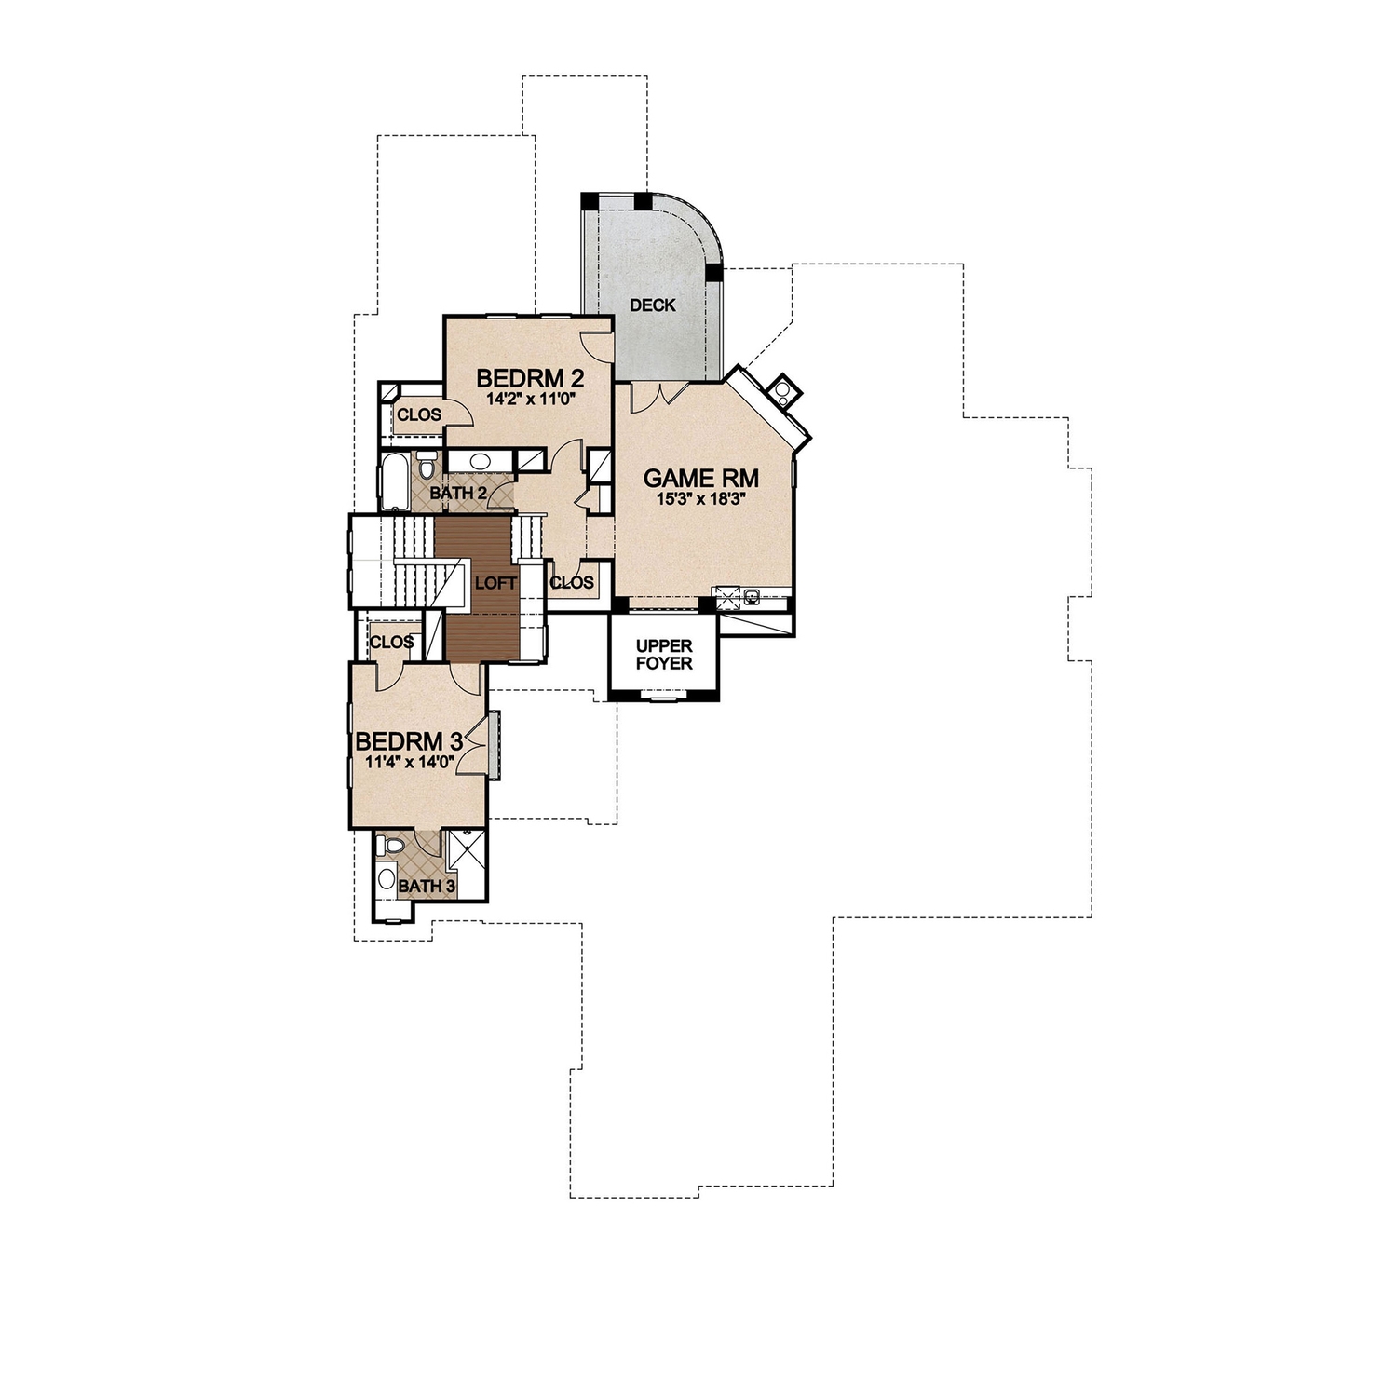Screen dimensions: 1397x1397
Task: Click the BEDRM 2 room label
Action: tap(529, 378)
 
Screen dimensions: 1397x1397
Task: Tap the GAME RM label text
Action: tap(701, 479)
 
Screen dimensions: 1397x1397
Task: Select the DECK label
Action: tap(652, 305)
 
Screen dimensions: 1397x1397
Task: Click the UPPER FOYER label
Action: tap(664, 655)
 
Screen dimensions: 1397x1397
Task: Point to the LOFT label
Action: tap(495, 583)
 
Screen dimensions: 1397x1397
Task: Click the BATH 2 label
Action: tap(457, 493)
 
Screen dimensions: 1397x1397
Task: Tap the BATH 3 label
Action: tap(427, 886)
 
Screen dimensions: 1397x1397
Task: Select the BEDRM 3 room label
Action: tap(410, 742)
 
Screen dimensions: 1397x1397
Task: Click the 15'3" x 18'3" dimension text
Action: tap(701, 498)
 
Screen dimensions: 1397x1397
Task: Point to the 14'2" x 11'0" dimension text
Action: tap(529, 399)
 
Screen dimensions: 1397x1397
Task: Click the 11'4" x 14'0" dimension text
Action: tap(410, 762)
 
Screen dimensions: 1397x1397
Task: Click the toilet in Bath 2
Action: tap(427, 465)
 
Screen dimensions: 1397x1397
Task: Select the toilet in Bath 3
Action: tap(392, 846)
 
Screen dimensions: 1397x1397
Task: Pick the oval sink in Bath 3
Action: tap(386, 878)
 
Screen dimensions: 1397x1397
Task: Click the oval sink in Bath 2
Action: tap(481, 461)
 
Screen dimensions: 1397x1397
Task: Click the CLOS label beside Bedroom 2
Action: tap(419, 414)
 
